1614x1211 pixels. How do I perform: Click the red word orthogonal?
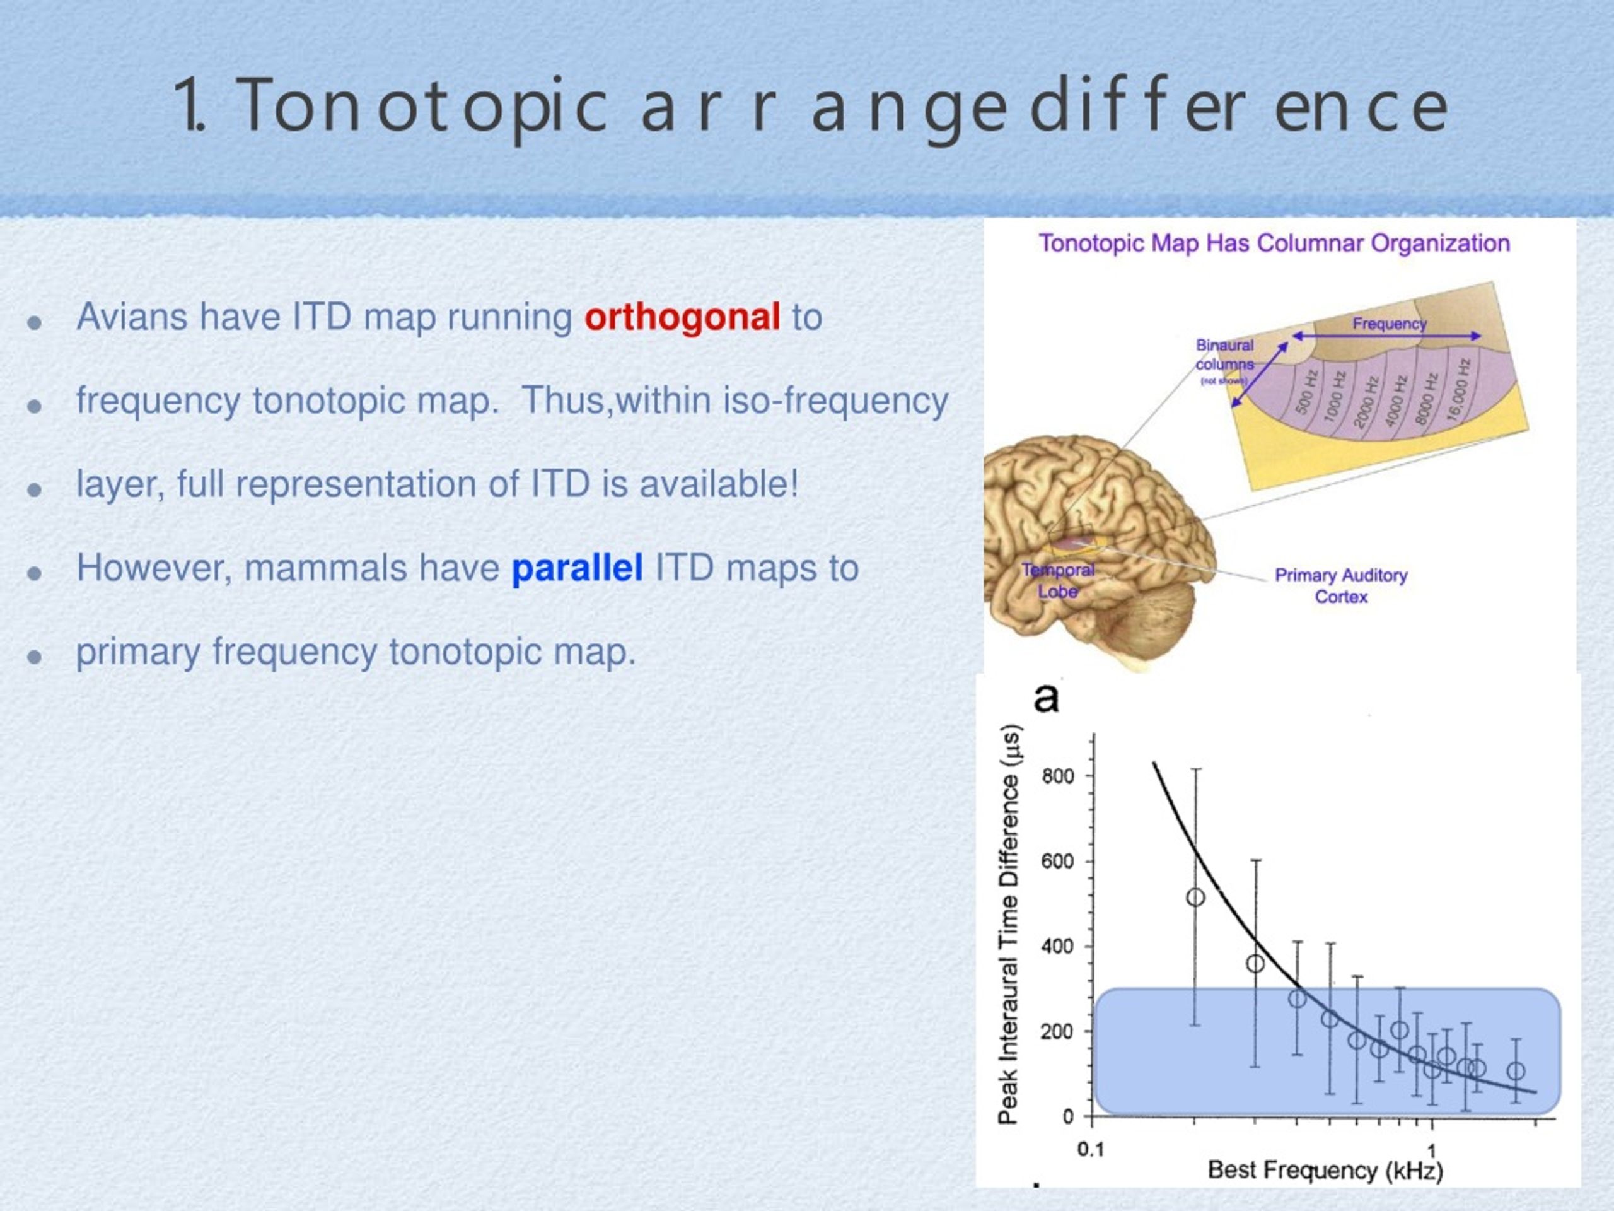click(682, 317)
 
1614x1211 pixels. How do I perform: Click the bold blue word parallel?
click(577, 568)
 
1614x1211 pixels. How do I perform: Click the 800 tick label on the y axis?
click(1058, 776)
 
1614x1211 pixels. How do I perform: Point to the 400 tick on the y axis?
click(1058, 947)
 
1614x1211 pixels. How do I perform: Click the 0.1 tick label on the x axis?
click(1091, 1150)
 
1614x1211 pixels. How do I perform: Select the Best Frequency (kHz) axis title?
click(1325, 1171)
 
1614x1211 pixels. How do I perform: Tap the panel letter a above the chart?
click(1045, 698)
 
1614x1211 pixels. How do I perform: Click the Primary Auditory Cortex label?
click(1341, 585)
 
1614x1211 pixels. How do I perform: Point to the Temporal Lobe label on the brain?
click(1058, 580)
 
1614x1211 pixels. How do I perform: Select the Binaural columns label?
click(1224, 354)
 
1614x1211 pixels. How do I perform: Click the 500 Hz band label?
click(1306, 391)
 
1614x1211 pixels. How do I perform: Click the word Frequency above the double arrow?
click(1390, 324)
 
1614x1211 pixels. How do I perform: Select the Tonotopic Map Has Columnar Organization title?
click(1274, 243)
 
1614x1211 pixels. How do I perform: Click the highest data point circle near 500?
click(1195, 897)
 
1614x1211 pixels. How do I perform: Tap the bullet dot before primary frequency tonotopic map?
click(33, 656)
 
